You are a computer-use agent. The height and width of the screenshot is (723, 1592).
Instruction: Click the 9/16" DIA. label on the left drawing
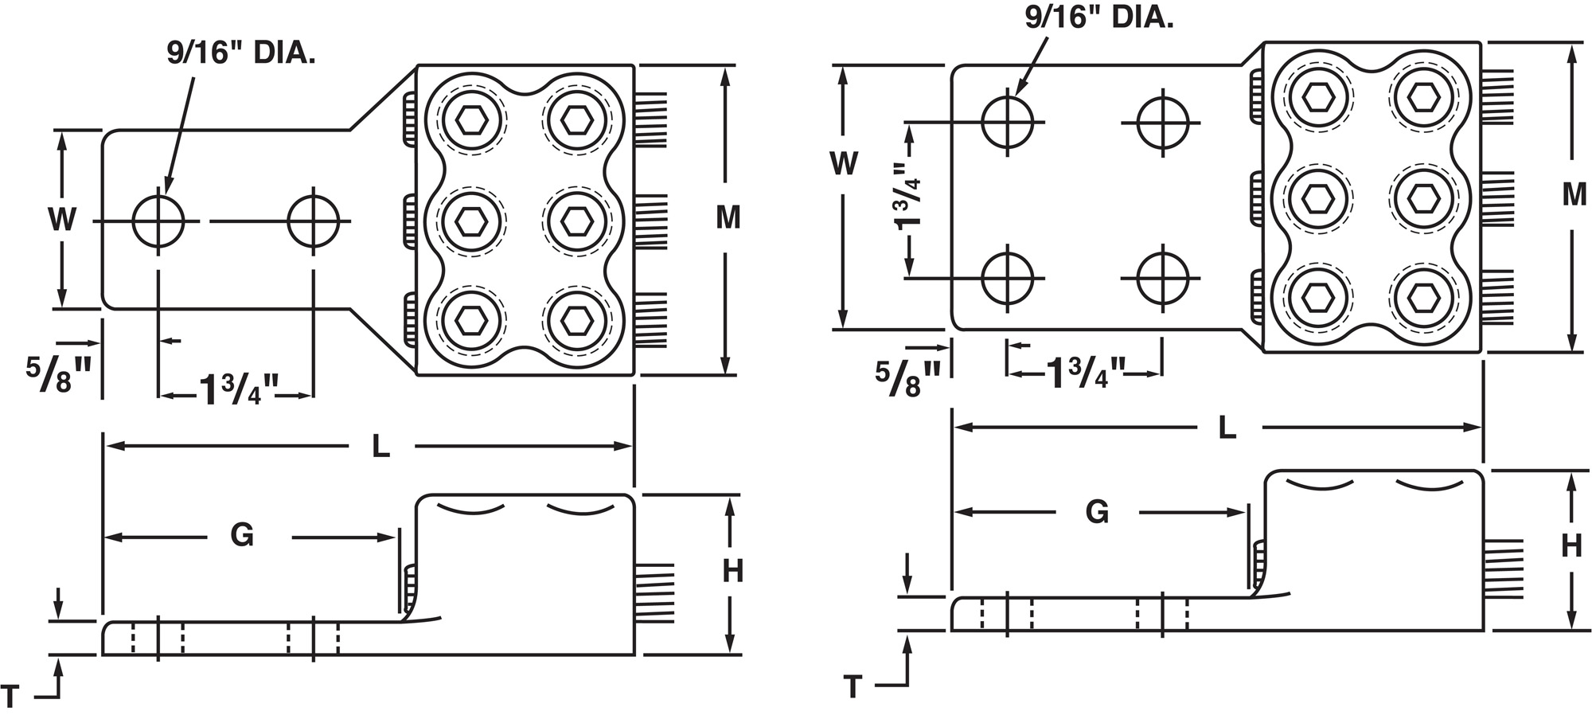pyautogui.click(x=240, y=53)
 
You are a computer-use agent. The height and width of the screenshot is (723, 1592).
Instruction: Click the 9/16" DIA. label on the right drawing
pyautogui.click(x=1098, y=17)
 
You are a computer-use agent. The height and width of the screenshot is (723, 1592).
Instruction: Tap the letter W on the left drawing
pyautogui.click(x=62, y=219)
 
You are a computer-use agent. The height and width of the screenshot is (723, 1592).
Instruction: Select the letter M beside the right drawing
pyautogui.click(x=1574, y=194)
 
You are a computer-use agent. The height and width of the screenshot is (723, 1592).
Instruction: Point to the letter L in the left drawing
pyautogui.click(x=381, y=447)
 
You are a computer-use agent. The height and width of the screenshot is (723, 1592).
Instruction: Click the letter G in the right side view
pyautogui.click(x=1097, y=512)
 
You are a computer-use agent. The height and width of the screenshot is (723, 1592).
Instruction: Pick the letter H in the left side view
pyautogui.click(x=732, y=571)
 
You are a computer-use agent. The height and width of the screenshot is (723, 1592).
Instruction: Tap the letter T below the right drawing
pyautogui.click(x=853, y=686)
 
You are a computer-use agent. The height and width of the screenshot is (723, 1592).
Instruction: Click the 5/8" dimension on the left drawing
pyautogui.click(x=59, y=374)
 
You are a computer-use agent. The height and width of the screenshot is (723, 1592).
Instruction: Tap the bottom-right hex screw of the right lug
pyautogui.click(x=1423, y=298)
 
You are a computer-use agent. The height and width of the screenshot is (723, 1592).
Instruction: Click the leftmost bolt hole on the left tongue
pyautogui.click(x=158, y=221)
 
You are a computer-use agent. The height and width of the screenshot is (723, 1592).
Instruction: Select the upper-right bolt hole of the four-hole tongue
pyautogui.click(x=1163, y=123)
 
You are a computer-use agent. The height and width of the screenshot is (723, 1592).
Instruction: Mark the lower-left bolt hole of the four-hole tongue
pyautogui.click(x=1008, y=279)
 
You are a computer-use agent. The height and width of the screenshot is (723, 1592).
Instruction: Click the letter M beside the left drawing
pyautogui.click(x=728, y=217)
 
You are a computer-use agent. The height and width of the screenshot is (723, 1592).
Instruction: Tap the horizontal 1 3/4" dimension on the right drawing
pyautogui.click(x=1085, y=373)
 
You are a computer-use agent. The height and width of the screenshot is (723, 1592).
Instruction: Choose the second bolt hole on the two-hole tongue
pyautogui.click(x=314, y=221)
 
